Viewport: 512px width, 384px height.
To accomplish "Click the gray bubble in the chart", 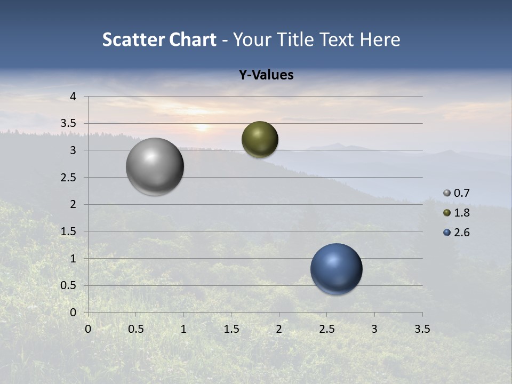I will click(155, 166).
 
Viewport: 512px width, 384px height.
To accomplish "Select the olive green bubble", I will click(260, 139).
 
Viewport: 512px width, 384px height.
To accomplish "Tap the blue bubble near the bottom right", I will click(336, 269).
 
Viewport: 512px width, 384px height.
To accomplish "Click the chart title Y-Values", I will click(266, 75).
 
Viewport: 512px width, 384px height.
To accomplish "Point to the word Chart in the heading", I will click(193, 39).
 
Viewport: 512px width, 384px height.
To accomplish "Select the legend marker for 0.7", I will click(447, 193).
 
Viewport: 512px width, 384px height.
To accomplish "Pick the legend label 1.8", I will click(461, 213).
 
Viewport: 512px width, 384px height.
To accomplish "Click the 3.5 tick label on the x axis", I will click(422, 329).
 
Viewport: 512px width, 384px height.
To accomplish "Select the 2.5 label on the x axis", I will click(326, 329).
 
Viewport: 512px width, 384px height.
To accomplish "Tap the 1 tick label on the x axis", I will click(183, 329).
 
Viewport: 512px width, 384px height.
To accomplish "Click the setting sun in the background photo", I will click(202, 127).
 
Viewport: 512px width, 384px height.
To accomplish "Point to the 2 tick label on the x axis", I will click(279, 329).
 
